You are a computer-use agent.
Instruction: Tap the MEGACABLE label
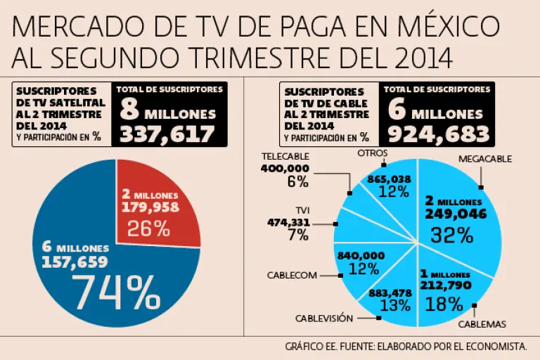click(485, 159)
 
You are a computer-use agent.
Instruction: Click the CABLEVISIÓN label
click(323, 318)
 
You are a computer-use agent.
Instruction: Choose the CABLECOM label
click(292, 275)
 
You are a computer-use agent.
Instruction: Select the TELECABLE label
click(285, 155)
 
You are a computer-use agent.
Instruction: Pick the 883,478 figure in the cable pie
click(384, 292)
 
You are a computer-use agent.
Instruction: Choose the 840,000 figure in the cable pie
click(360, 255)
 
